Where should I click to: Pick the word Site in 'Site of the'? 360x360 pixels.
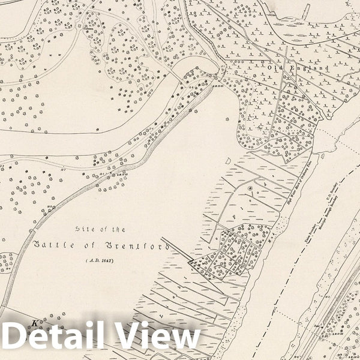[x=85, y=229]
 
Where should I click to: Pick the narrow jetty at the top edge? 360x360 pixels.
[x=307, y=10]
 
